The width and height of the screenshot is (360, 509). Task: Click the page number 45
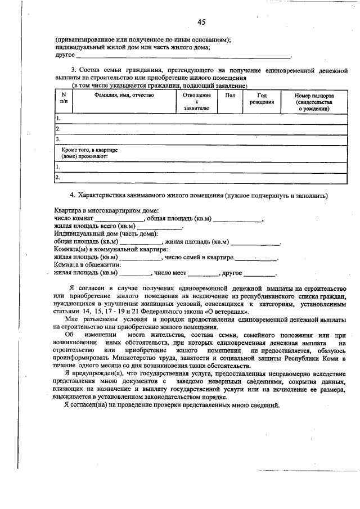(x=201, y=22)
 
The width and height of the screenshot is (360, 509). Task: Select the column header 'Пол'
(x=229, y=96)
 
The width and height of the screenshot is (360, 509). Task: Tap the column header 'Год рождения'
(x=263, y=99)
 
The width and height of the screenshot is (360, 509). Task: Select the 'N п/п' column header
(x=64, y=99)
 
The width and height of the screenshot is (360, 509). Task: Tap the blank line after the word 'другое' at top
(x=183, y=56)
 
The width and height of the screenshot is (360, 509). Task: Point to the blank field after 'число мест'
(x=203, y=274)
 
